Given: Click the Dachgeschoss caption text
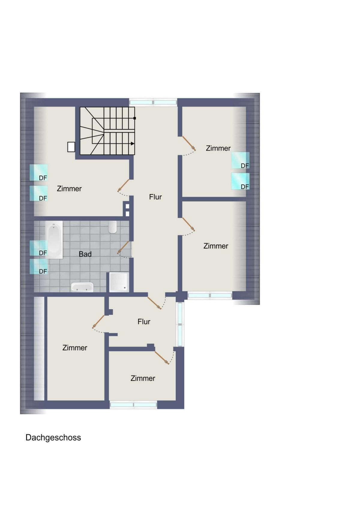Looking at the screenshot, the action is tap(53, 438).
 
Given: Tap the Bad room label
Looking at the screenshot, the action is tap(85, 254).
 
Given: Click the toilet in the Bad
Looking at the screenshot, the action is tap(112, 227).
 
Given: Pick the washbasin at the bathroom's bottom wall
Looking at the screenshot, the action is tap(82, 287).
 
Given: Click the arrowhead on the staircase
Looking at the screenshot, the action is tap(133, 144).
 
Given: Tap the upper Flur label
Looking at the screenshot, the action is tap(155, 197).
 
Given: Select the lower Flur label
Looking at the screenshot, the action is tap(144, 322).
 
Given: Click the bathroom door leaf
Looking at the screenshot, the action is tap(123, 247).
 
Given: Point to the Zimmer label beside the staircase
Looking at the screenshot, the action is tap(69, 189).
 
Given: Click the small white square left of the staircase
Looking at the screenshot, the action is tap(71, 147).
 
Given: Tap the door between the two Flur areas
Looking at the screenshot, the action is tap(154, 303).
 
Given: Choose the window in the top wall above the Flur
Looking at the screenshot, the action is tap(153, 102).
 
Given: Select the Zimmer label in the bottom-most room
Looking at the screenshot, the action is tap(143, 378).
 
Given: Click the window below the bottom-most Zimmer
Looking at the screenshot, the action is tap(133, 405).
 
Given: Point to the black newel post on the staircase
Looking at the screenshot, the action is tap(134, 118).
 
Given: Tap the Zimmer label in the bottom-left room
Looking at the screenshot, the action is tap(75, 348).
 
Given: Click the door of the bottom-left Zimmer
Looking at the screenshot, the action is tap(98, 322).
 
